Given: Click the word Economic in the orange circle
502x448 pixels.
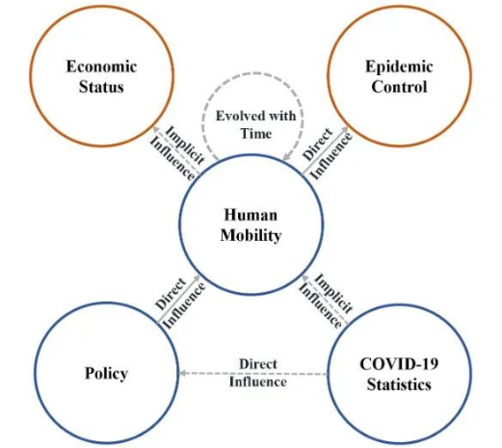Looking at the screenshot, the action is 101,66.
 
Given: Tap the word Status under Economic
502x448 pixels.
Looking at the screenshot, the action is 101,87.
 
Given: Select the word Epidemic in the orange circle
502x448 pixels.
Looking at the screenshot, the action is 399,67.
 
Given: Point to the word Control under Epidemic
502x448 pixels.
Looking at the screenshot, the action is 399,87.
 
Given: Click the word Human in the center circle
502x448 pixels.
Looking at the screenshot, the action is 251,215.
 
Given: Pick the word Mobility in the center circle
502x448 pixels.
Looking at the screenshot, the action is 251,236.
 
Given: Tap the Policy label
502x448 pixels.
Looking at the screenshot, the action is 106,374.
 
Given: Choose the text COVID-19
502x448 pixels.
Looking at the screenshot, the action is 399,364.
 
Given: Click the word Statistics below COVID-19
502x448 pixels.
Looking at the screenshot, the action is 399,384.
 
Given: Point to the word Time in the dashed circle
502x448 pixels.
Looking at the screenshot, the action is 256,133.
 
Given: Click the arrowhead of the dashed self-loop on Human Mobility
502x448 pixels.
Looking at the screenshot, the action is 286,156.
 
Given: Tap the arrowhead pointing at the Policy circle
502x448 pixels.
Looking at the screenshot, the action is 182,373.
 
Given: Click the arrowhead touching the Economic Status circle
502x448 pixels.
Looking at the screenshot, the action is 156,129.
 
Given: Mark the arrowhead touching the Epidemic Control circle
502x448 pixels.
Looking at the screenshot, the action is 345,130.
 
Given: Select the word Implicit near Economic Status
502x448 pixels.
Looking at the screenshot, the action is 185,145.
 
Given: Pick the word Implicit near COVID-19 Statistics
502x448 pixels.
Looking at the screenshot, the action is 333,293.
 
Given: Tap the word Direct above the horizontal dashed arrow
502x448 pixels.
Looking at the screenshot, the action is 258,364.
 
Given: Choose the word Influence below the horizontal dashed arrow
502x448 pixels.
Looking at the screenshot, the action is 258,382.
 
